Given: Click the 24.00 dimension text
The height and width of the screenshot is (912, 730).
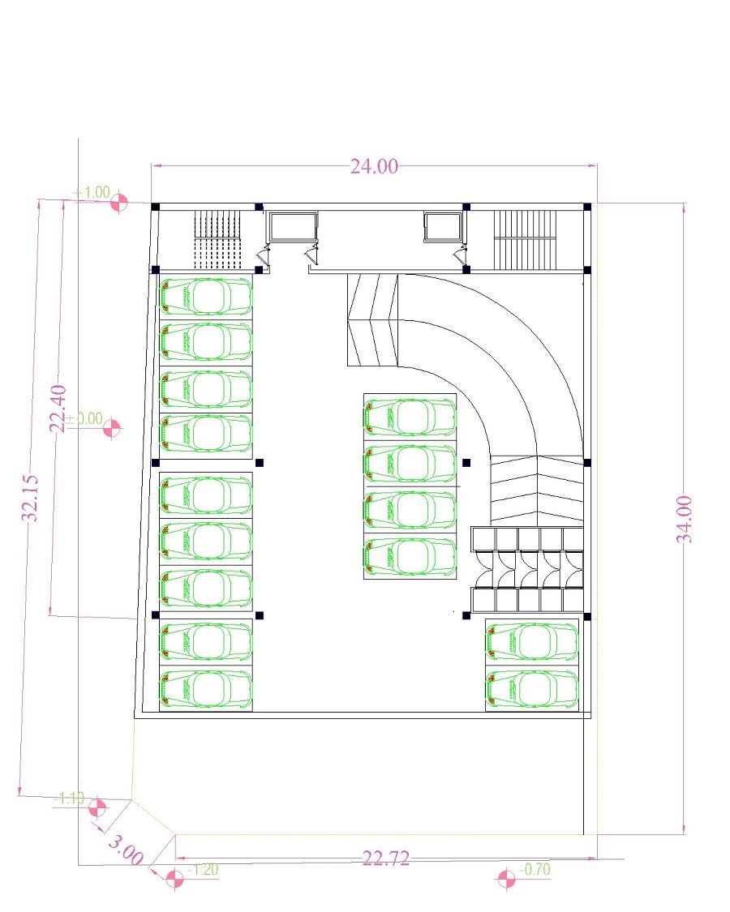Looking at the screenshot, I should coord(374,166).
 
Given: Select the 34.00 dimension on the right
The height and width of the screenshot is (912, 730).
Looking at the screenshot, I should coord(685,518).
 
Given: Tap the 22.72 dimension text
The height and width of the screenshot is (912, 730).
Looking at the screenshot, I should coord(385,858).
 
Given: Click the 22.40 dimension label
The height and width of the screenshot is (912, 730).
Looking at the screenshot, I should coord(59,409).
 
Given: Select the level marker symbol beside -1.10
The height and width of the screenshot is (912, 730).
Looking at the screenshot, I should coord(97,807).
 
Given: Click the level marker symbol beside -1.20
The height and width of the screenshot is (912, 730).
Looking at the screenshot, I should coord(174,878).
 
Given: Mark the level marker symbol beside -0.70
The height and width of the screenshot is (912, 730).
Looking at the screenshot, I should coord(506,878).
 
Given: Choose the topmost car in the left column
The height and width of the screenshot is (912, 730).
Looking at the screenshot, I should coord(206,297).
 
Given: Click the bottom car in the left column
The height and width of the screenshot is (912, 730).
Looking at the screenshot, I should coord(206,688).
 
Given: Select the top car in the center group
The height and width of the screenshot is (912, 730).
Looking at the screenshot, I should coord(410,417).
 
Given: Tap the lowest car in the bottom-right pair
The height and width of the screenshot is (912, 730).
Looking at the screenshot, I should coord(532,688).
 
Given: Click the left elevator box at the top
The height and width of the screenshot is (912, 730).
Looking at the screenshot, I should coord(293,227).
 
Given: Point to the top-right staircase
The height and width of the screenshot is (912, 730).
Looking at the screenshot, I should coord(528,240).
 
